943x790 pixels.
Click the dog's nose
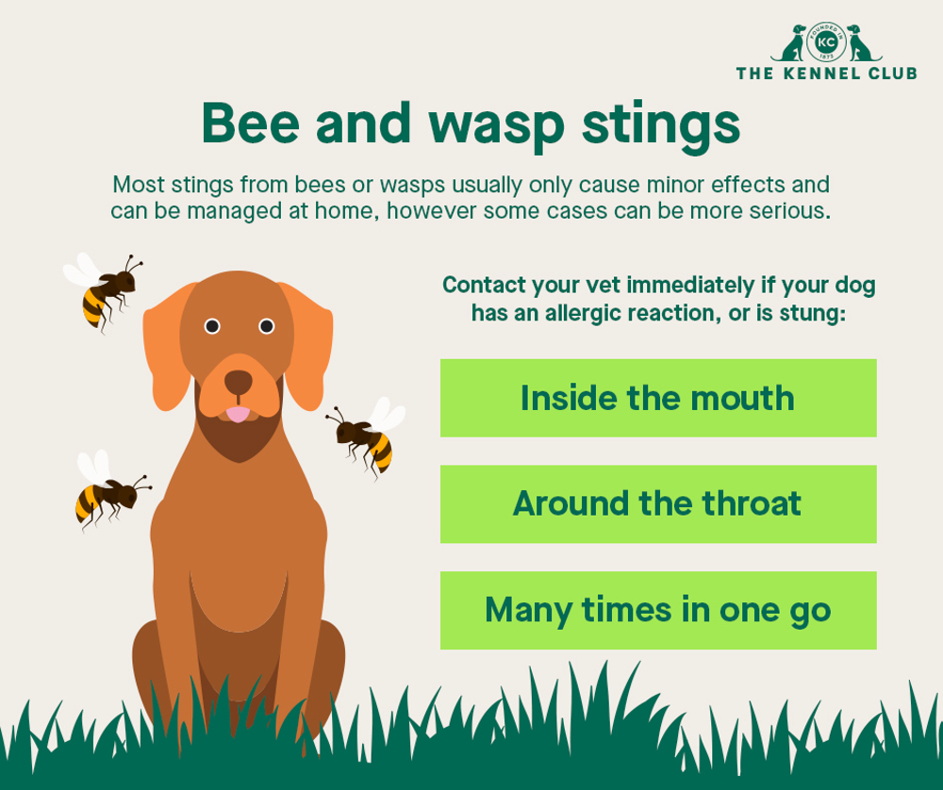pos(239,382)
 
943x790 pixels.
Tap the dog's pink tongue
pos(239,413)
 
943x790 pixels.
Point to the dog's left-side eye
pos(212,326)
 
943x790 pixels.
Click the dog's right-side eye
pos(266,326)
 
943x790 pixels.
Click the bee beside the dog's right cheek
pos(366,435)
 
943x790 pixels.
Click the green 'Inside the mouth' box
pos(658,398)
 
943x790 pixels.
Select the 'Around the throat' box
pos(658,503)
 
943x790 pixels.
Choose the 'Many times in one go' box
pos(658,610)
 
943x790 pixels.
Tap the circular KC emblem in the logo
pos(826,43)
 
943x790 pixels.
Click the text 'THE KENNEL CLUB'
pos(826,74)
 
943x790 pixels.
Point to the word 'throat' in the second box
pos(752,503)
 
